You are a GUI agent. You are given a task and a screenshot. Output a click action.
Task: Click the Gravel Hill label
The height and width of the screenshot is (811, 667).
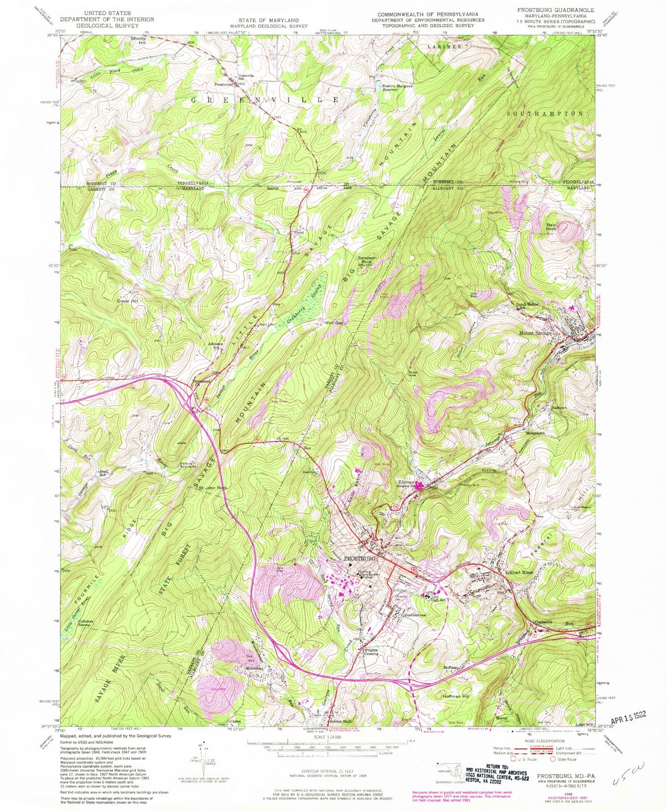121,301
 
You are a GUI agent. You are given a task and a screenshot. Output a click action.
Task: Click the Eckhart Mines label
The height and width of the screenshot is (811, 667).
519,572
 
